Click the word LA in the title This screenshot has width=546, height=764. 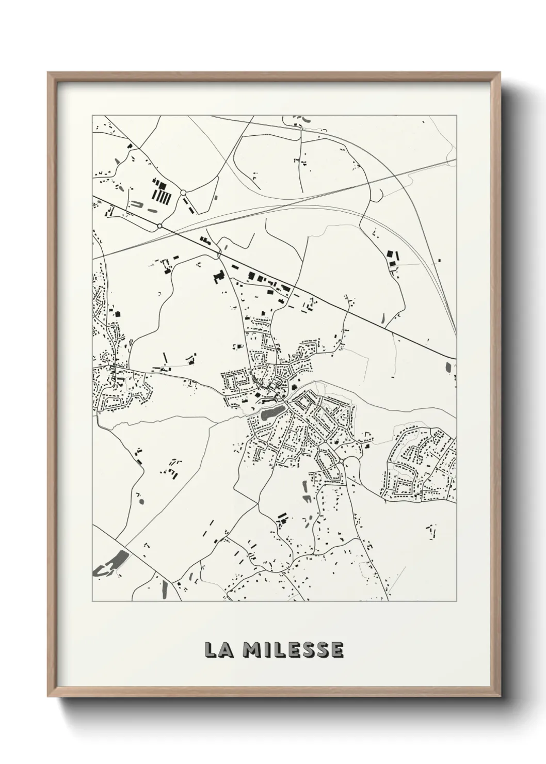[x=218, y=650]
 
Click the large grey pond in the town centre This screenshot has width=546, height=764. [x=271, y=412]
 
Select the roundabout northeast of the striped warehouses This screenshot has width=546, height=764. [x=183, y=193]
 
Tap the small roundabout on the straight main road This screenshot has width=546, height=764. [x=159, y=226]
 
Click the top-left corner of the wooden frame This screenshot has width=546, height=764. [x=49, y=74]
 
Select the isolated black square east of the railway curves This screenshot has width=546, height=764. [x=439, y=261]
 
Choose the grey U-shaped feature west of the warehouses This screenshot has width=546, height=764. [x=138, y=204]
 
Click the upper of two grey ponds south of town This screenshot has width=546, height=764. [x=303, y=486]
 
